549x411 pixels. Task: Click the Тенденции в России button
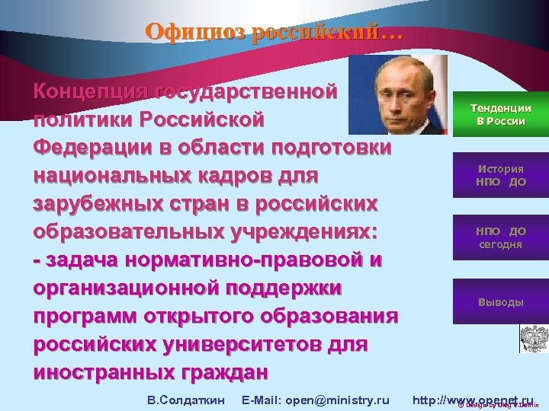[499, 115]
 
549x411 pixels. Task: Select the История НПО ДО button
[499, 175]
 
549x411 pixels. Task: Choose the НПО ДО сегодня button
[499, 237]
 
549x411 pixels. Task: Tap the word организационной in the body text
[126, 288]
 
